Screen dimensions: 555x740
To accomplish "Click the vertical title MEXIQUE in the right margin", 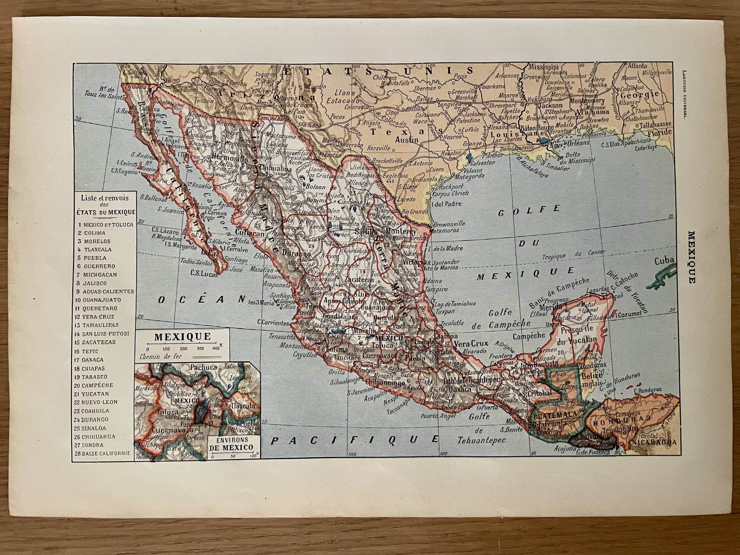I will (x=692, y=257).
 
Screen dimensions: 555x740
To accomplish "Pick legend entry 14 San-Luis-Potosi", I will (x=102, y=334).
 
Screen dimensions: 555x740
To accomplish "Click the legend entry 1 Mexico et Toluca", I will (x=105, y=224).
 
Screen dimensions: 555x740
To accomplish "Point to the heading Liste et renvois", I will (x=104, y=198).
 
